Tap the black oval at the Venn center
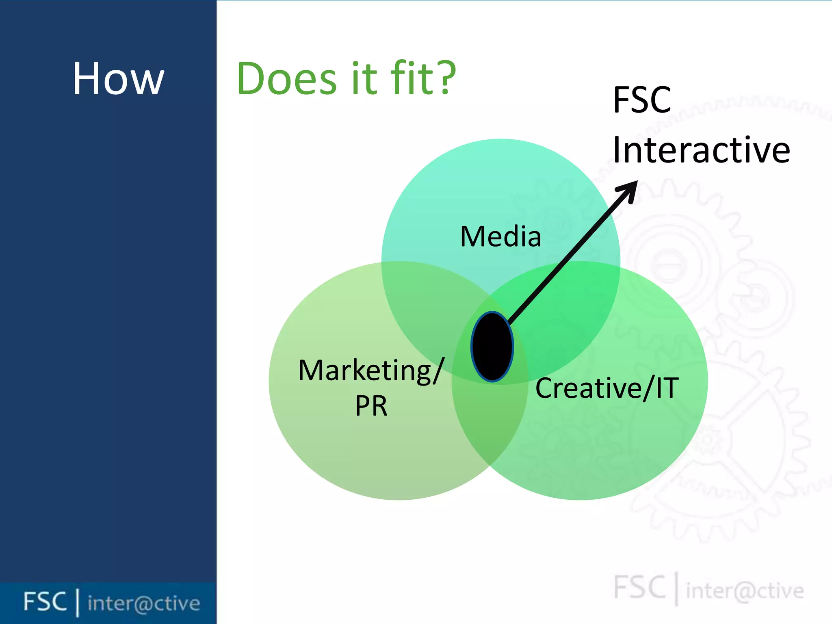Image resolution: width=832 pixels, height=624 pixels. [492, 347]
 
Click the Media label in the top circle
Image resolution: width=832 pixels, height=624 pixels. [500, 236]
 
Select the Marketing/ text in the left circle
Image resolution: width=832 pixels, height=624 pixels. [371, 370]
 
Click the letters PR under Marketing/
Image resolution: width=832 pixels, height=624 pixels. [371, 405]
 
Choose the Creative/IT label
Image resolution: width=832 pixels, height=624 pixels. [607, 388]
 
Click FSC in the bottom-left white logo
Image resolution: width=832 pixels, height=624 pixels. [45, 602]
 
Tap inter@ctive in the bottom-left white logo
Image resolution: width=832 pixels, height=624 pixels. [144, 603]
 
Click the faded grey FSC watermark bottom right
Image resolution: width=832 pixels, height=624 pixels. [639, 587]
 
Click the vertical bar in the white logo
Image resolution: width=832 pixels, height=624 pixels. [77, 603]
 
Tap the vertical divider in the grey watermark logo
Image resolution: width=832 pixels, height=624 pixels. [676, 588]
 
